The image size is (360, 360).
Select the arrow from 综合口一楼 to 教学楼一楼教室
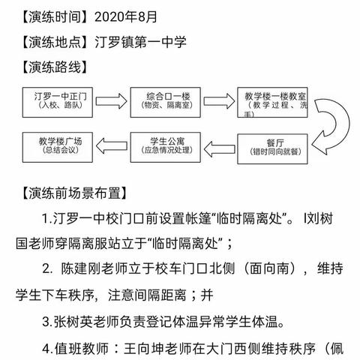(x=223, y=100)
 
